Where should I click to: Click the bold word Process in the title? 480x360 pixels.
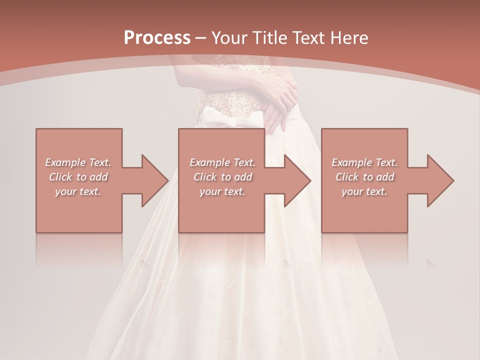coord(157,37)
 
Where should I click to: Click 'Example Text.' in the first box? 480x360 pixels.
coord(78,162)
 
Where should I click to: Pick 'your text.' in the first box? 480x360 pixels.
coord(78,191)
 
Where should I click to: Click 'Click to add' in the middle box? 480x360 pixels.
coord(222,177)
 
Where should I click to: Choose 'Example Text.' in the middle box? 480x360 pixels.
coord(222,162)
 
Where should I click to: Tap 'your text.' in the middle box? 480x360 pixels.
coord(222,191)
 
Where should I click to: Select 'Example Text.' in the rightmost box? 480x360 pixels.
coord(364,162)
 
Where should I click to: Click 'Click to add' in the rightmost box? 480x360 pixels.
coord(364,177)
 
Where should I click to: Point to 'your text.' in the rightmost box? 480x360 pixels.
coord(364,191)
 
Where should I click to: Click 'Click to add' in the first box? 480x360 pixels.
coord(78,177)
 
